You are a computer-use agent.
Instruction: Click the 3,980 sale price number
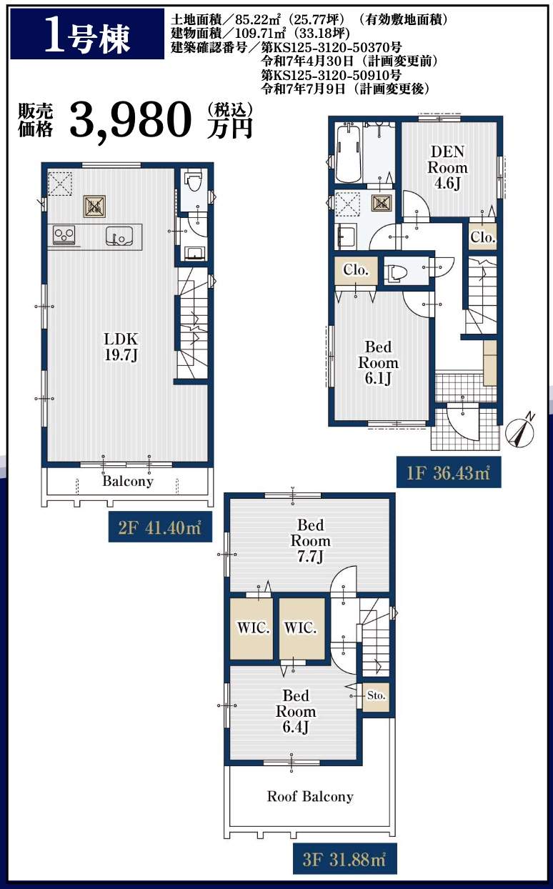pyautogui.click(x=131, y=119)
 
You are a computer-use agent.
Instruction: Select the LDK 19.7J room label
pyautogui.click(x=121, y=347)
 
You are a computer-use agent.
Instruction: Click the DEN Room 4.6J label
pyautogui.click(x=447, y=167)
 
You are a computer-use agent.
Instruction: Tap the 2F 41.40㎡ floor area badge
pyautogui.click(x=160, y=527)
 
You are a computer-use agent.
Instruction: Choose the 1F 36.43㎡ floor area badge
pyautogui.click(x=449, y=472)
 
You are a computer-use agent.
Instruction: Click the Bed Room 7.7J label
pyautogui.click(x=311, y=540)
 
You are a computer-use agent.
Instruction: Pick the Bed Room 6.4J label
pyautogui.click(x=296, y=711)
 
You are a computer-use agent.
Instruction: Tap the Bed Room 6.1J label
pyautogui.click(x=379, y=362)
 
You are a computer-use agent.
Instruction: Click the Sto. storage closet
pyautogui.click(x=376, y=697)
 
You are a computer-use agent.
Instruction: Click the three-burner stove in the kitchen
pyautogui.click(x=64, y=235)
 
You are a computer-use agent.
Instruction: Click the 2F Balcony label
pyautogui.click(x=128, y=481)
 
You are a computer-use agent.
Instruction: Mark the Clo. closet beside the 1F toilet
pyautogui.click(x=356, y=271)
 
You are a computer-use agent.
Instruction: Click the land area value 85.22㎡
pyautogui.click(x=258, y=19)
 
